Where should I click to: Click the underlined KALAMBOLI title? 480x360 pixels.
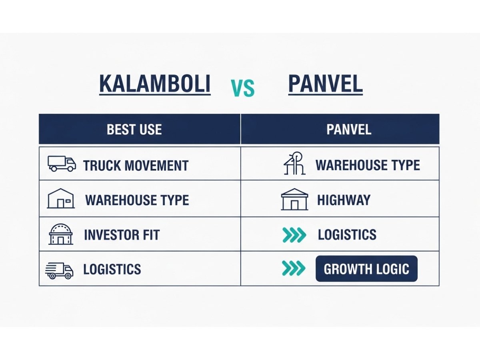(154, 84)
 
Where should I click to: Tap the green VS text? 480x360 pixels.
(243, 88)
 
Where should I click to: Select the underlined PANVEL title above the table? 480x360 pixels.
(325, 84)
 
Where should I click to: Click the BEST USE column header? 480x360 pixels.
(134, 130)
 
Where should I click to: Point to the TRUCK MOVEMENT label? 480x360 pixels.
(136, 166)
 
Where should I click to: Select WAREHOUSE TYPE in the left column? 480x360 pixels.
(137, 200)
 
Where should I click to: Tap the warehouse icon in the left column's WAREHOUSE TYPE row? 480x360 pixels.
(61, 198)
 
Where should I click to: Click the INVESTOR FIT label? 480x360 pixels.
(122, 235)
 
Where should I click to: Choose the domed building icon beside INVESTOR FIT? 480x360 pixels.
(61, 234)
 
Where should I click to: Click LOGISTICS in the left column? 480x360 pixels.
(112, 269)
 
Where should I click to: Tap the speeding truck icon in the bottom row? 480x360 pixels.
(60, 270)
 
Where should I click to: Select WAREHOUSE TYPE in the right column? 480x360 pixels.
(368, 165)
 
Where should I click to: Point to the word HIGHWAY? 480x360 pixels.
(344, 200)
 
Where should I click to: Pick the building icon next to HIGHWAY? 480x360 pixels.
(294, 199)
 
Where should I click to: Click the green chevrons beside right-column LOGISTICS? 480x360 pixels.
(294, 235)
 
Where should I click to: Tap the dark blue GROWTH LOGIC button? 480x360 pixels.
(366, 269)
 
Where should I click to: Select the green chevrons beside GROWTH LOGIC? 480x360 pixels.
(294, 269)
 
